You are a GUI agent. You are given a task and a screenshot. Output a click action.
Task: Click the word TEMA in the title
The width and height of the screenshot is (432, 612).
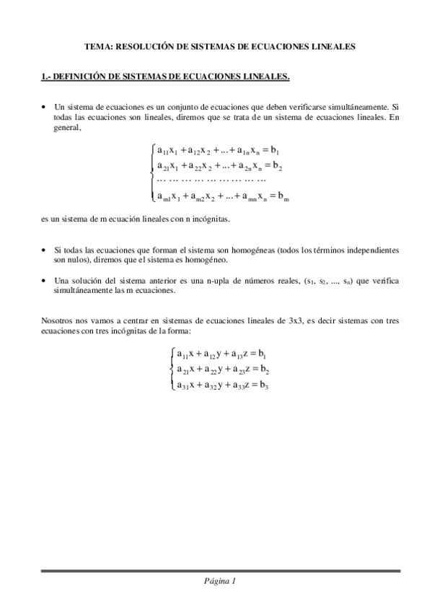click(x=97, y=46)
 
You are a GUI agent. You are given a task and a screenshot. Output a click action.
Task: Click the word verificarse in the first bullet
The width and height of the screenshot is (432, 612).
click(x=316, y=106)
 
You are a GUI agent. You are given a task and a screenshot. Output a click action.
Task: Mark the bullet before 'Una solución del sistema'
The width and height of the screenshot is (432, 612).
click(x=45, y=279)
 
